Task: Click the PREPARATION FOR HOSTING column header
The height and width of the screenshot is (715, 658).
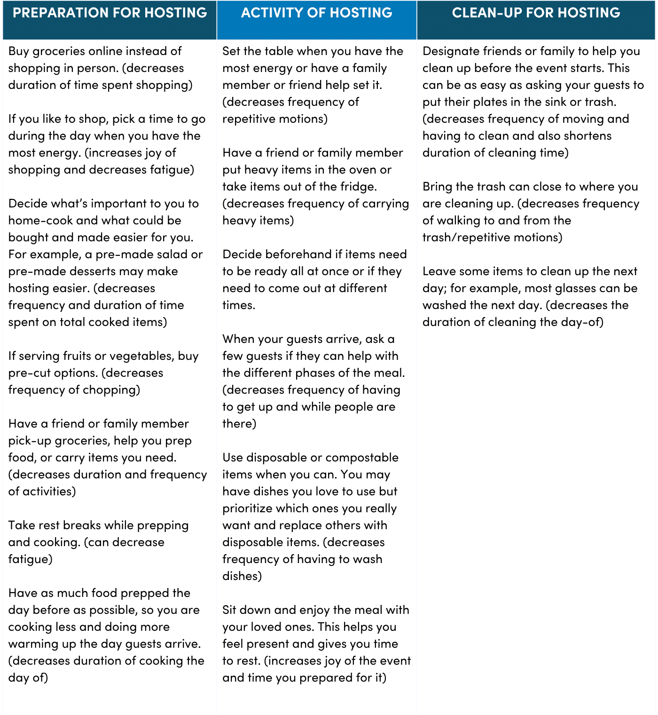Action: [110, 13]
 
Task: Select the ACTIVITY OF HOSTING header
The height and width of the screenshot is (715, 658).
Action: [316, 13]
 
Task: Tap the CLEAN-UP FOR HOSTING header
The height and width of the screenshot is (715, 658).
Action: [536, 13]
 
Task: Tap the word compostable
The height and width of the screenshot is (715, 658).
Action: [362, 458]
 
